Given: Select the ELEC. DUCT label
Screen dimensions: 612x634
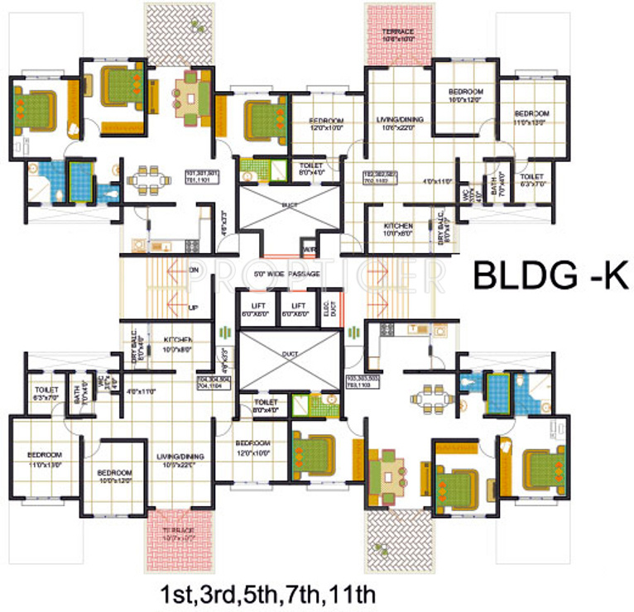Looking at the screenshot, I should (329, 308).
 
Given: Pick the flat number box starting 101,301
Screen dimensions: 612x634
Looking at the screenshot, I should (202, 176).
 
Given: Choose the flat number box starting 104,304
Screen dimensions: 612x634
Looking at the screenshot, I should (213, 382).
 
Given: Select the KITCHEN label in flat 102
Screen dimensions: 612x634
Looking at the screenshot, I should (397, 227).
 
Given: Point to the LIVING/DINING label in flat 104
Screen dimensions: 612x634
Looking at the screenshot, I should (178, 461).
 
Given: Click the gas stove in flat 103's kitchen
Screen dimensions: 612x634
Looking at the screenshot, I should (386, 329).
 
